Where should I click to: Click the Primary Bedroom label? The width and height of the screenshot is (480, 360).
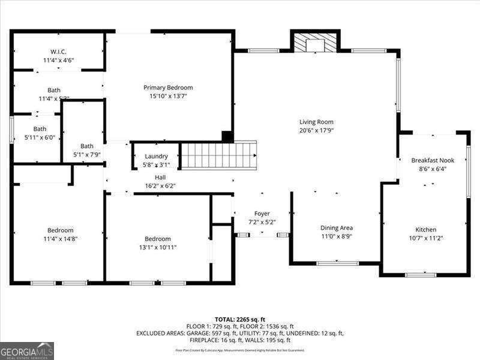click(168, 88)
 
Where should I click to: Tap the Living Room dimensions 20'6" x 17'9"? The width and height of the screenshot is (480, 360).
click(316, 130)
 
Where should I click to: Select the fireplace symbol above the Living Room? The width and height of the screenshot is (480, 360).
click(315, 43)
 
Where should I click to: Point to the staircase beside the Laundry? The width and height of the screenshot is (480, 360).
click(219, 155)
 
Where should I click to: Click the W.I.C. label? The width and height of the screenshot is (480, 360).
click(58, 52)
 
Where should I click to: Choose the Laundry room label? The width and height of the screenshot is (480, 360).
click(156, 156)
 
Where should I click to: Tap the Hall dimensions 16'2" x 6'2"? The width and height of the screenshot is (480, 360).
click(160, 186)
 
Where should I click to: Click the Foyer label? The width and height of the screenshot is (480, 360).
click(262, 214)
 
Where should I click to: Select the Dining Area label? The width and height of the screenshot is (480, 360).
click(336, 228)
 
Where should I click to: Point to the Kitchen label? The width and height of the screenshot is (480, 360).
click(426, 230)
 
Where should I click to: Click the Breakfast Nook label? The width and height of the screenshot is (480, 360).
click(433, 160)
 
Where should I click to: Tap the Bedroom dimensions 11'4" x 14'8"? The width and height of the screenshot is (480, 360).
click(61, 239)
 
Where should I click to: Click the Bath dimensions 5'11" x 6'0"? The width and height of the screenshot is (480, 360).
click(40, 137)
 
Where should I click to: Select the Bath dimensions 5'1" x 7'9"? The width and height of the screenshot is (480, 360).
click(87, 154)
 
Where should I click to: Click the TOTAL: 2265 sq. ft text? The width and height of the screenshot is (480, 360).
click(239, 319)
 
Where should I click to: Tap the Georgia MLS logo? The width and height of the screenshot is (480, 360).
click(27, 350)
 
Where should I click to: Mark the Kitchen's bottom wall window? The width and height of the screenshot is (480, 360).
click(420, 275)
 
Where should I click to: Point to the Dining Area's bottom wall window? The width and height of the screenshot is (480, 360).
click(337, 263)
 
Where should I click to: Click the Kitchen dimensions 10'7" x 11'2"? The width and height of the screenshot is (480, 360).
click(426, 238)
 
